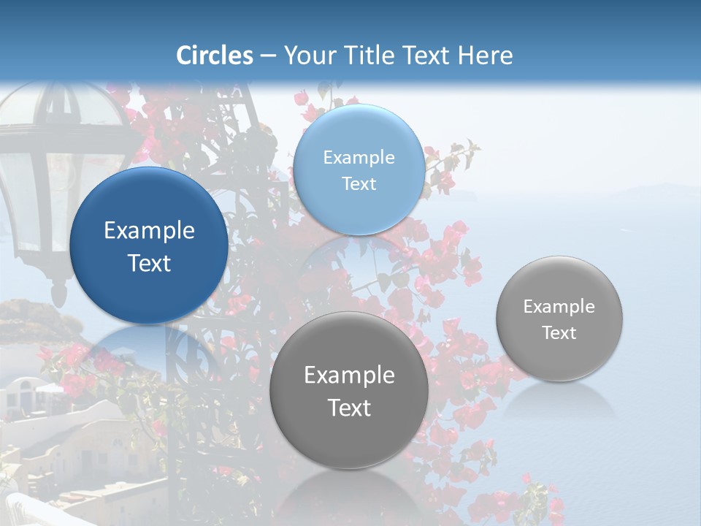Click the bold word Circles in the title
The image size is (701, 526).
[215, 56]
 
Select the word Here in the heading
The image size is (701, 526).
[486, 56]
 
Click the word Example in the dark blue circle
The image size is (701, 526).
[149, 231]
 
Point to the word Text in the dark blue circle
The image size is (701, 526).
[149, 263]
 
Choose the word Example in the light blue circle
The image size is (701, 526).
[359, 158]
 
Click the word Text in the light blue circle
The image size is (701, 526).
[359, 184]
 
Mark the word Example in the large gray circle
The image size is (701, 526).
[349, 376]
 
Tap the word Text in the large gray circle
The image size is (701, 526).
[349, 408]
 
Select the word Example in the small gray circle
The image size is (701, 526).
[559, 307]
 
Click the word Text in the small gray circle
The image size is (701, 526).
[559, 333]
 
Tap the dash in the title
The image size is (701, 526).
[268, 56]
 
